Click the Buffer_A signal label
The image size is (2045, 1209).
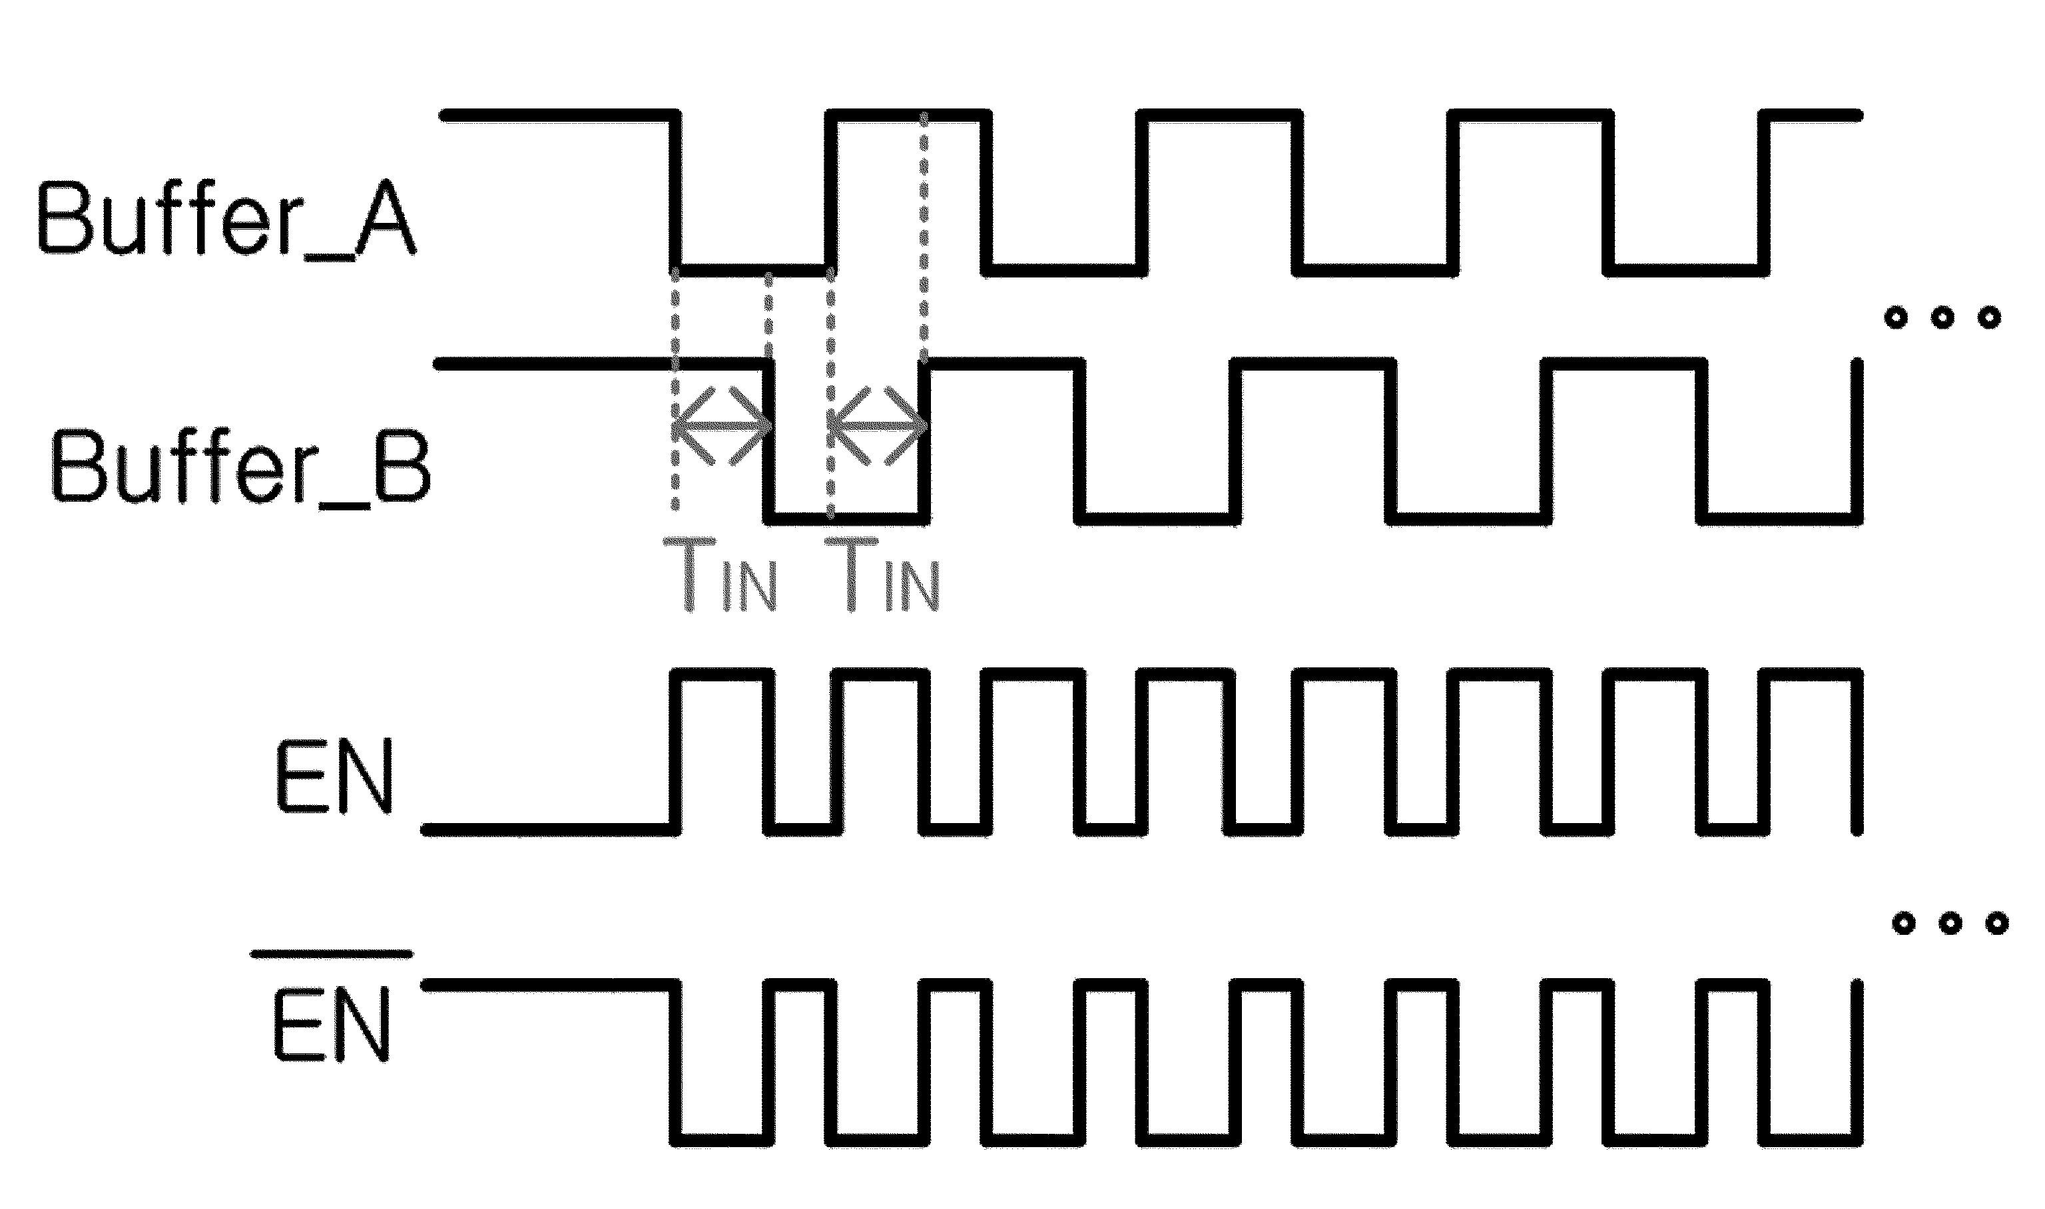point(226,218)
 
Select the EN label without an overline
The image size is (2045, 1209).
point(335,776)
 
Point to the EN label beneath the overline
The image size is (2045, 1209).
point(332,1024)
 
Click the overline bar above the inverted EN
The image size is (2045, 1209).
point(332,953)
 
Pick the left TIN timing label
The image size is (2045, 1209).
point(721,574)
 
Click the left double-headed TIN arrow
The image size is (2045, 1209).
point(722,425)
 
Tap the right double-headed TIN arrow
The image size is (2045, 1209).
point(878,425)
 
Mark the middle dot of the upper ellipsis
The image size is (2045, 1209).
point(1942,317)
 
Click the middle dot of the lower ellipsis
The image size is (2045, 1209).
point(1950,923)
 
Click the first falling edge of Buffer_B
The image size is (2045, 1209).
point(768,440)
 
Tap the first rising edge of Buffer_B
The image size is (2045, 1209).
point(924,440)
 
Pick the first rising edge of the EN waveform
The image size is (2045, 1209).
point(676,752)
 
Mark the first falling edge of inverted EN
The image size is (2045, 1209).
point(676,1063)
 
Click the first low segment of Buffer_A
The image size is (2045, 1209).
point(753,270)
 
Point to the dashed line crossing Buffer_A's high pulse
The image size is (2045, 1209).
point(924,236)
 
